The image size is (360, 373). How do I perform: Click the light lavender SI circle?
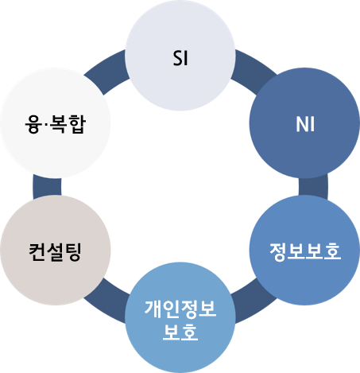coord(180,55)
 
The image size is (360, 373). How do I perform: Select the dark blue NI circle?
coord(304,123)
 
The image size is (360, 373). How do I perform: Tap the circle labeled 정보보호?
coord(304,250)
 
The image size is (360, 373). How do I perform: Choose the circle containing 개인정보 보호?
coord(180,317)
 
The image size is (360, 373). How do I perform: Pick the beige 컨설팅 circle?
coord(56,250)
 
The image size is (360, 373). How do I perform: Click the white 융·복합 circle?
coord(56,123)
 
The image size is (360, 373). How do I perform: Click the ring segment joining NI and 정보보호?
coord(313,187)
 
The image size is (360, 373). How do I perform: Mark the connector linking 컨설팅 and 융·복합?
coord(47,187)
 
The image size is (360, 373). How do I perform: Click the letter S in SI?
coord(177,58)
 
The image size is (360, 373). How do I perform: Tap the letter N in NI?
coord(301,124)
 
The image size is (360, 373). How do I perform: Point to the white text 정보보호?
coord(305,251)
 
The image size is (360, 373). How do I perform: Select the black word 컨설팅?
coord(55,252)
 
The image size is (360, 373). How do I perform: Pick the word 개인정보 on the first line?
coord(180,309)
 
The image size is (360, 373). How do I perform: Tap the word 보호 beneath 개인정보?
coord(180,332)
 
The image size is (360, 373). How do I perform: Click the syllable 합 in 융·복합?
coord(77,124)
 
